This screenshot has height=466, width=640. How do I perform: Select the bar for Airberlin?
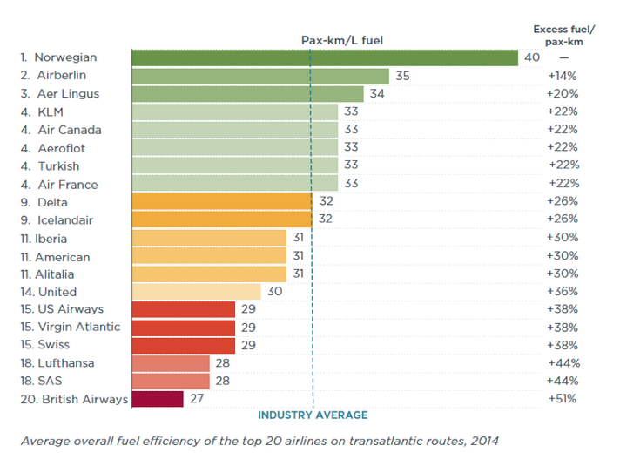coord(260,76)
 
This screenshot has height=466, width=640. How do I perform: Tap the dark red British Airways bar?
coord(158,399)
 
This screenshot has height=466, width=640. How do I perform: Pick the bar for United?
coord(196,292)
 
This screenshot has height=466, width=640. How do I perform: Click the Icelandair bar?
coord(221,219)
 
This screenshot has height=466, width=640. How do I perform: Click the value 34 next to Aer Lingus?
coord(377,94)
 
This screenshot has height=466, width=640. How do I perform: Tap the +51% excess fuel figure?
coord(563,399)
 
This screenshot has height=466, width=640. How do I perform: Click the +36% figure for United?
coord(563,292)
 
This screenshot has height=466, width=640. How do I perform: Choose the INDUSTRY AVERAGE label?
coord(313,415)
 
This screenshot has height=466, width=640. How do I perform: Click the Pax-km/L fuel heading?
coord(341,39)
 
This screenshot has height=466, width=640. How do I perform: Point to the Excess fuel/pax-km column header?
coord(563,35)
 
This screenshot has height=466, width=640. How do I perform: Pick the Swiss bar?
coord(183,345)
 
